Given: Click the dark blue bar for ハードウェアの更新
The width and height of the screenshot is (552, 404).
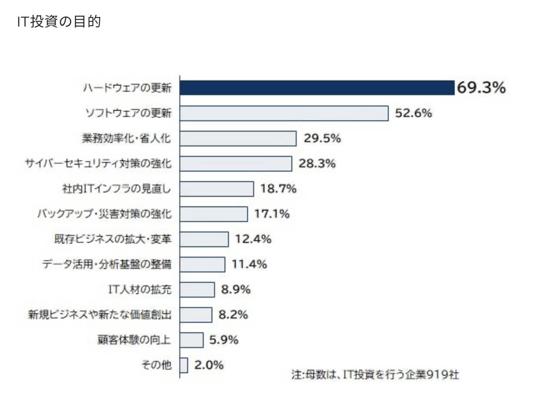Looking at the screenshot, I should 317,88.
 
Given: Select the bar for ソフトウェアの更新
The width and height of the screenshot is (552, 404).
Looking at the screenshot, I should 284,113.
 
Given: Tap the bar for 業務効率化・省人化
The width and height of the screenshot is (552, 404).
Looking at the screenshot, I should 238,139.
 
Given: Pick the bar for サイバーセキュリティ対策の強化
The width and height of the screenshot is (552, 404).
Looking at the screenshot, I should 235,164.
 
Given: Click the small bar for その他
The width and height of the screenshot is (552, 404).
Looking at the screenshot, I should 184,365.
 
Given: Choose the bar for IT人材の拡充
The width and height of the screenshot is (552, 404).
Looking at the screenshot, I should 197,289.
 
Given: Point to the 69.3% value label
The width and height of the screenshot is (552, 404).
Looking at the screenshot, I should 481,88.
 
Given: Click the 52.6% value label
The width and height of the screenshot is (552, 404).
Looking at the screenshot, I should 413,113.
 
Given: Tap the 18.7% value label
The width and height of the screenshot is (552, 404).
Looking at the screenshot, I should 278,189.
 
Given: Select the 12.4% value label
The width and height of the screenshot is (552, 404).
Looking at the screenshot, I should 253,239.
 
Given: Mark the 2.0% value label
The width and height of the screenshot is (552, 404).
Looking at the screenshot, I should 208,365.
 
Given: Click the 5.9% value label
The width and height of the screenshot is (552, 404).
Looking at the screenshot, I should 224,340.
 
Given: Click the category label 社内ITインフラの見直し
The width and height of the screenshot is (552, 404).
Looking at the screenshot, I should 117,189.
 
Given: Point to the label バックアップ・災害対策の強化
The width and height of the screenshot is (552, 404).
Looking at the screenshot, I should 104,214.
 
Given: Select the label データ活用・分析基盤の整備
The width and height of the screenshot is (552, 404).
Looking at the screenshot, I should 107,264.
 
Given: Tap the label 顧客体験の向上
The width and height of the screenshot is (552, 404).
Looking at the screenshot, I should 134,340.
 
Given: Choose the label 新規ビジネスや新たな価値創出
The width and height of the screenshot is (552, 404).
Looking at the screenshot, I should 99,315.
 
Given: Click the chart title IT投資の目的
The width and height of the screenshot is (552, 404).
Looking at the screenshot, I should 59,22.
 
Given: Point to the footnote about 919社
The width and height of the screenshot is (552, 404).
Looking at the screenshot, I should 375,374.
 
